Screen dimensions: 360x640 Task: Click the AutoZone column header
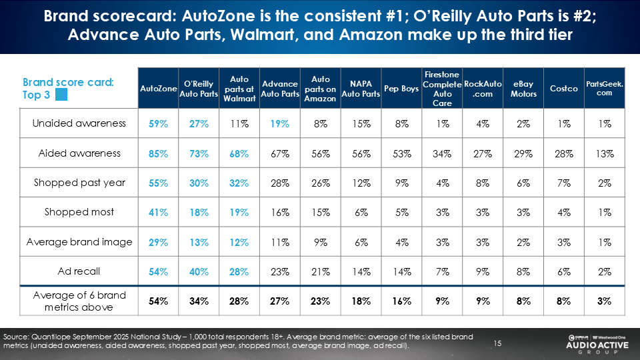coord(159,89)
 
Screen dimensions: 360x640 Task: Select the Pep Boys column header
coord(401,89)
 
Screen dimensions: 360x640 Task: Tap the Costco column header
coord(563,89)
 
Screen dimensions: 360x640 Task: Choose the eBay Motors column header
coord(523,89)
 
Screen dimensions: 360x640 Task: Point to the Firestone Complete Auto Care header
coord(441,89)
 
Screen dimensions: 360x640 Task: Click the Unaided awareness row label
coord(79,123)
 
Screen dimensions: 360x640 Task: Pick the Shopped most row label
coord(79,212)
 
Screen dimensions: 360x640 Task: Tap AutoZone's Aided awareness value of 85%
coord(158,153)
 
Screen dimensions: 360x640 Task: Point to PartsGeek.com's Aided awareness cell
coord(604,153)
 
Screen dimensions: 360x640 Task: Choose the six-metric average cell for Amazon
coord(320,301)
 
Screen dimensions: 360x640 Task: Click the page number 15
coord(497,343)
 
